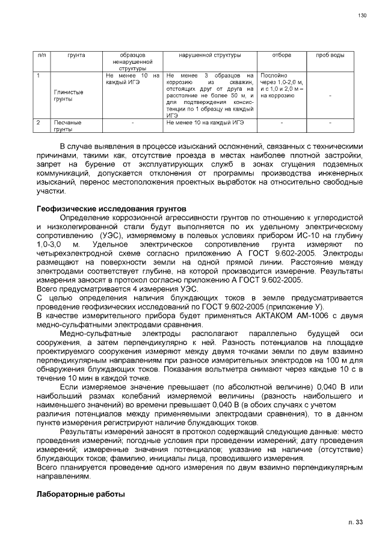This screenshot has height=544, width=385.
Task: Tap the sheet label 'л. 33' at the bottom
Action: coord(356,522)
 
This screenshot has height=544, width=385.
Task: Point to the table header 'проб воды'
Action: coord(330,55)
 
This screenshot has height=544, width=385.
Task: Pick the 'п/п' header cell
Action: coord(42,55)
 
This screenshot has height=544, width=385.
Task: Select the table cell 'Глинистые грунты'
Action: coord(69,95)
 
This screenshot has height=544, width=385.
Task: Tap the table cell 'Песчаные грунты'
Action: coord(67,126)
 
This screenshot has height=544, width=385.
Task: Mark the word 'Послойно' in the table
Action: coord(273,75)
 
